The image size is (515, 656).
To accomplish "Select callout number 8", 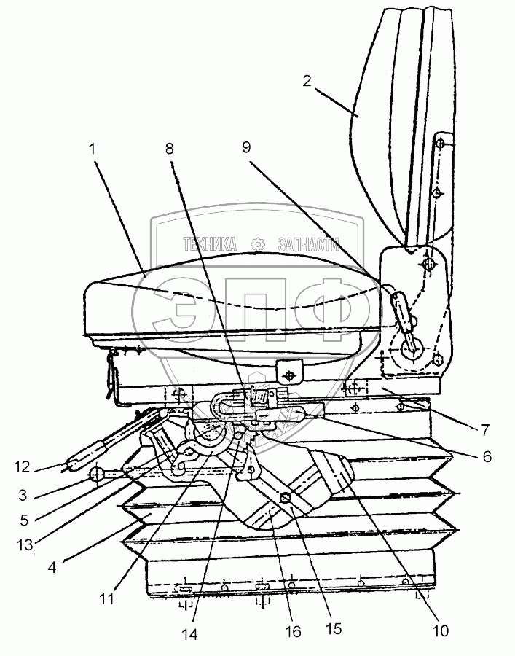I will tap(170, 148).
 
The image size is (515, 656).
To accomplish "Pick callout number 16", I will tap(293, 632).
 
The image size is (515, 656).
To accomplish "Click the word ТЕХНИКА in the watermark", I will tap(210, 243).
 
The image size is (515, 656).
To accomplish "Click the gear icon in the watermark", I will tap(257, 243).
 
